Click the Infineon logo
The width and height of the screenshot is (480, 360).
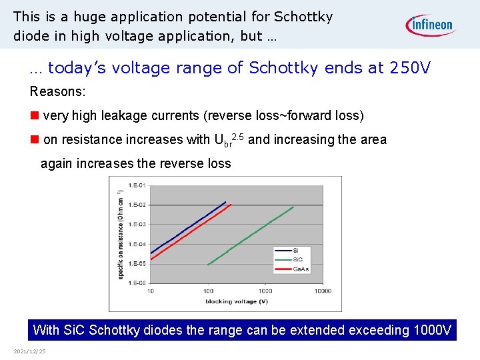(430, 25)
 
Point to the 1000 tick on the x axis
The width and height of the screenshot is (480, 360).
(265, 291)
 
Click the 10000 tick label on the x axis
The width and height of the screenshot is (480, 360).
(323, 291)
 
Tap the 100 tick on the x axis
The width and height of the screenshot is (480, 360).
(209, 291)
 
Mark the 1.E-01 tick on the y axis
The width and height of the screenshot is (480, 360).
(137, 185)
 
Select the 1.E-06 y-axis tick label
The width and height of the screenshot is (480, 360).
(137, 283)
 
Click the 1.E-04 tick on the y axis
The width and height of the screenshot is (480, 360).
(137, 244)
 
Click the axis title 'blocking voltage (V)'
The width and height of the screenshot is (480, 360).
(237, 302)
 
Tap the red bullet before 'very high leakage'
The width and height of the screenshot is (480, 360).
(34, 115)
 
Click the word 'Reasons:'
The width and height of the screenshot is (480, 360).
(57, 91)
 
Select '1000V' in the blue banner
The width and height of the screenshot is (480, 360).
(432, 330)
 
